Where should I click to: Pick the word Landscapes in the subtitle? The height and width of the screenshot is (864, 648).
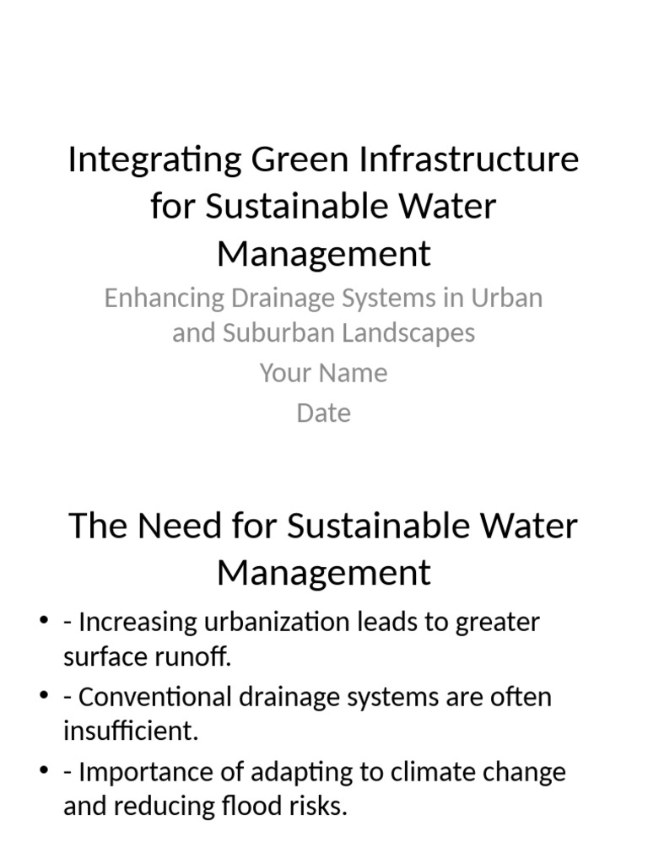click(x=409, y=332)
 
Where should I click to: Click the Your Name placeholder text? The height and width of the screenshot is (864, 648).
click(x=323, y=373)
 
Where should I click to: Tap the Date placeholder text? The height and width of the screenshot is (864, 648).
click(x=323, y=413)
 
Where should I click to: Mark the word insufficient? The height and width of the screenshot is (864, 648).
click(x=130, y=731)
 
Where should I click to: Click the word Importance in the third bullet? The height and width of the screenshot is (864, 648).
click(x=143, y=772)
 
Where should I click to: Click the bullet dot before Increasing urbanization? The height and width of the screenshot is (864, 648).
click(x=45, y=623)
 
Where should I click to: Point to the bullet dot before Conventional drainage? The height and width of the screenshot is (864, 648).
click(x=45, y=697)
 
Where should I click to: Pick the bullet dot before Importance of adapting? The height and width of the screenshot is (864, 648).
click(x=45, y=772)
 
